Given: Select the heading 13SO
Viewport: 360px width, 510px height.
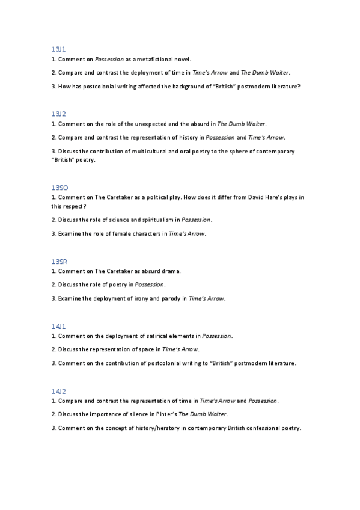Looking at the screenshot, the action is click(59, 188).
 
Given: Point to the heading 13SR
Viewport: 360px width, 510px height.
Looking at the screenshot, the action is click(59, 261).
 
